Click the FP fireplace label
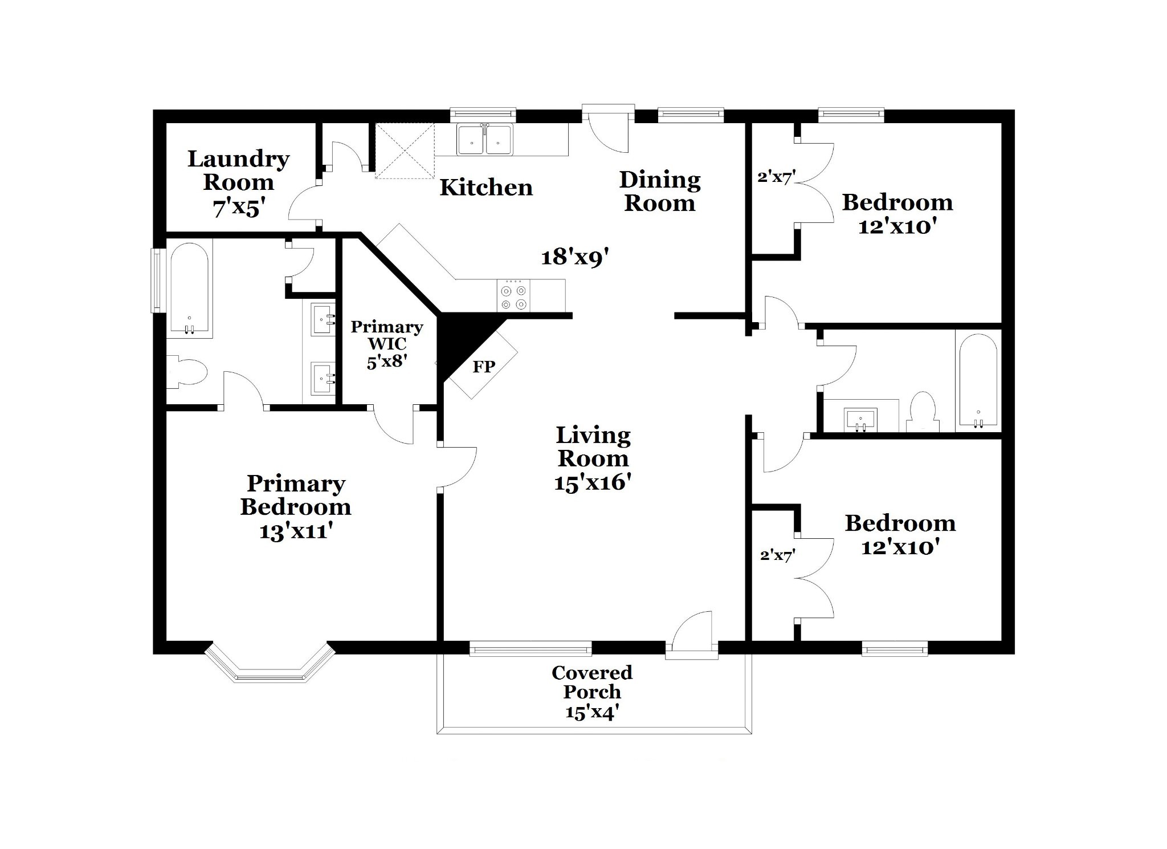pyautogui.click(x=484, y=366)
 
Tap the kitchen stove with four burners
pyautogui.click(x=513, y=295)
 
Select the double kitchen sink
pyautogui.click(x=485, y=139)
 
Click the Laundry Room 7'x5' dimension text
pyautogui.click(x=239, y=208)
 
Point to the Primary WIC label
pyautogui.click(x=387, y=335)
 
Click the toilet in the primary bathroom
pyautogui.click(x=186, y=372)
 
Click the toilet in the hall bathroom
pyautogui.click(x=922, y=412)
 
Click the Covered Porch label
pyautogui.click(x=592, y=682)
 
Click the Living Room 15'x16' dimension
pyautogui.click(x=593, y=483)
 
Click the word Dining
pyautogui.click(x=660, y=180)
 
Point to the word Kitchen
pyautogui.click(x=486, y=187)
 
